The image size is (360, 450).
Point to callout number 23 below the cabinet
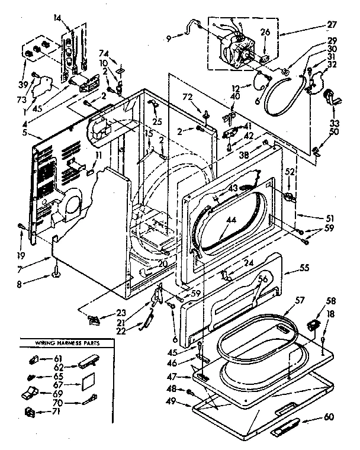[122, 314]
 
